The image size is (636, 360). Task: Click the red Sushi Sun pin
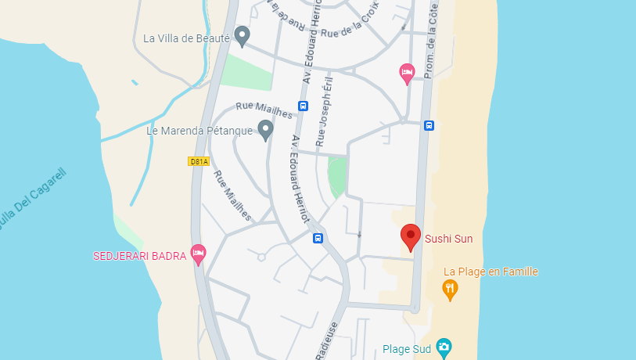tap(410, 236)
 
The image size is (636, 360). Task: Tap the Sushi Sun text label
tap(448, 238)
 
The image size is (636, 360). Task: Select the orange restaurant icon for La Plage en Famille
tap(450, 289)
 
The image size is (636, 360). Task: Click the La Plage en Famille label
tap(490, 272)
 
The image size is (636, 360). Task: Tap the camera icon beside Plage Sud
tap(444, 346)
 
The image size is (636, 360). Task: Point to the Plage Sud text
tap(407, 349)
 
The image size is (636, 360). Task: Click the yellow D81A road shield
tap(199, 161)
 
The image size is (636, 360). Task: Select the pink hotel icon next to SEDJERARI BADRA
tap(199, 254)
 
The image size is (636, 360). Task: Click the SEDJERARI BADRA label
tap(139, 255)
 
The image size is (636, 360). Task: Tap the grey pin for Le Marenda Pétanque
tap(265, 129)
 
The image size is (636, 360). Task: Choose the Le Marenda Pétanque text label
tap(199, 131)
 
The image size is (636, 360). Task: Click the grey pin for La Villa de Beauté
tap(243, 35)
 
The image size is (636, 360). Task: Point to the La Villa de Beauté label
tap(186, 38)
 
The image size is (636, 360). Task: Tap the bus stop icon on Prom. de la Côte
tap(429, 124)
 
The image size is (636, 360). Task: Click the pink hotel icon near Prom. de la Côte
tap(407, 74)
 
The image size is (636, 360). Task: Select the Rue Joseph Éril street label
tap(323, 112)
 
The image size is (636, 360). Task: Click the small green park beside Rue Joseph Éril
tap(336, 176)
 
